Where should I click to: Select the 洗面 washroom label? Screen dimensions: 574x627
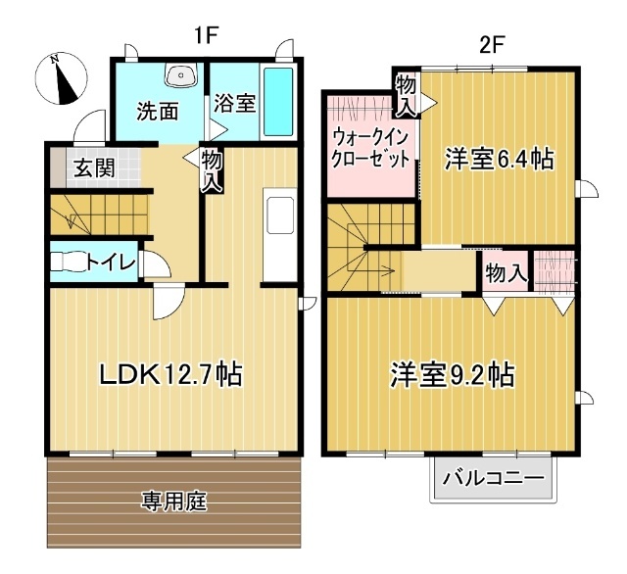pos(157,110)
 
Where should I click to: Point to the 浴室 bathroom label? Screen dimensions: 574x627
pos(236,103)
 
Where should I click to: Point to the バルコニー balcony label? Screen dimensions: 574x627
pos(493,479)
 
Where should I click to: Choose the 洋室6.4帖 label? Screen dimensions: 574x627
pos(498,159)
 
